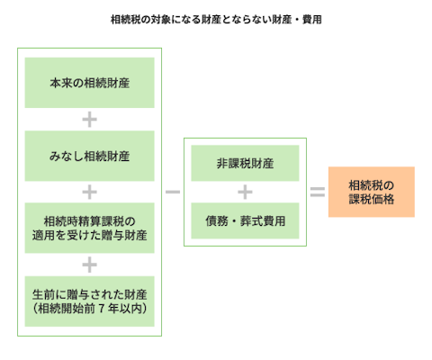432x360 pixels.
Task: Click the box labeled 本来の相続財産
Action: point(89,83)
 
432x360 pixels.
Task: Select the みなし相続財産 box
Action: point(89,156)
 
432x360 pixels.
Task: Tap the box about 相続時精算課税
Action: point(89,228)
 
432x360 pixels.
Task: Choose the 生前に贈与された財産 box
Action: point(89,301)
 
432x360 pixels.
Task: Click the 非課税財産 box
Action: point(245,165)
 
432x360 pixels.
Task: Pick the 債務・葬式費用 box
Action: point(245,220)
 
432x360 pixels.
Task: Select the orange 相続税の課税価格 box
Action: point(371,192)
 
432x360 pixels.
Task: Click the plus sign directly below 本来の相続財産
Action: point(89,119)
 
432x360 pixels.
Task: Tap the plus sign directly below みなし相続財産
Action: point(89,192)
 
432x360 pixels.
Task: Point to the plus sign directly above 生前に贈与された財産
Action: point(89,265)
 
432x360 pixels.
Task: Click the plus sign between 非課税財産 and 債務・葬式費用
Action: point(245,192)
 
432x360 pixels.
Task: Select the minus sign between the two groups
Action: point(173,192)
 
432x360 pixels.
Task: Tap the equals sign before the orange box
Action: point(318,192)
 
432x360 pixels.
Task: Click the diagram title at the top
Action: point(216,19)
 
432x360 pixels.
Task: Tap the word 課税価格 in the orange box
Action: point(371,199)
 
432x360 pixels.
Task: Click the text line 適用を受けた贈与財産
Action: point(89,236)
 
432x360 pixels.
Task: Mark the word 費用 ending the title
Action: point(311,19)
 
